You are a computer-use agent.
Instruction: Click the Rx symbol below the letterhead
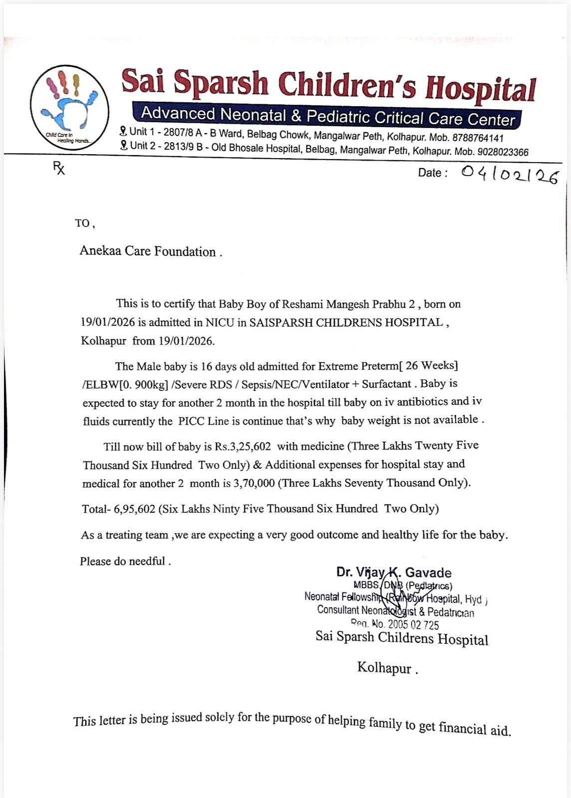59,169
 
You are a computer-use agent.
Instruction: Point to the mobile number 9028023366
503,152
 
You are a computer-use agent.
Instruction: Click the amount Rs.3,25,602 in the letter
243,446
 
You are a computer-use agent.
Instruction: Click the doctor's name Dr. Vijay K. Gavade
394,573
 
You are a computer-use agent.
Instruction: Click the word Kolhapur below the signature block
384,668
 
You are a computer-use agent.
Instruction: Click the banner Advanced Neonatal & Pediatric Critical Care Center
327,115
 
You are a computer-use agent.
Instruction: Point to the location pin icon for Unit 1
123,131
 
